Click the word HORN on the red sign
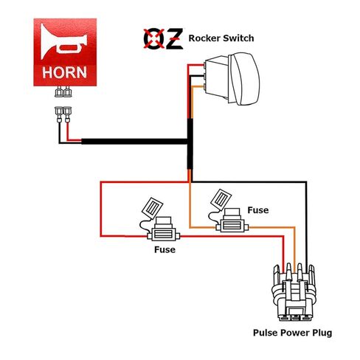click(64, 72)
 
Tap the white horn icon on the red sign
click(63, 41)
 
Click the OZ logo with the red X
click(163, 38)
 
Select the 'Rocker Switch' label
click(221, 38)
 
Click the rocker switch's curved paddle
click(244, 79)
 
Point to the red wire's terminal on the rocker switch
click(204, 65)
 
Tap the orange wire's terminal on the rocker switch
click(204, 86)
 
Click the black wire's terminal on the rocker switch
click(204, 76)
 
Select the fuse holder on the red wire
click(164, 233)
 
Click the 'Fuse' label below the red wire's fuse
click(165, 249)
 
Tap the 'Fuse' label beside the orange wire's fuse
click(258, 210)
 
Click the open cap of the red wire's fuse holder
click(153, 208)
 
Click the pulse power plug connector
click(294, 292)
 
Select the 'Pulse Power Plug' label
click(292, 333)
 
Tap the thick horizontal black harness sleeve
click(134, 142)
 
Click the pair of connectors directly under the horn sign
click(63, 91)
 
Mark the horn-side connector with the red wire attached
click(67, 114)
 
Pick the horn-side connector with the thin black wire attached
click(59, 114)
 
